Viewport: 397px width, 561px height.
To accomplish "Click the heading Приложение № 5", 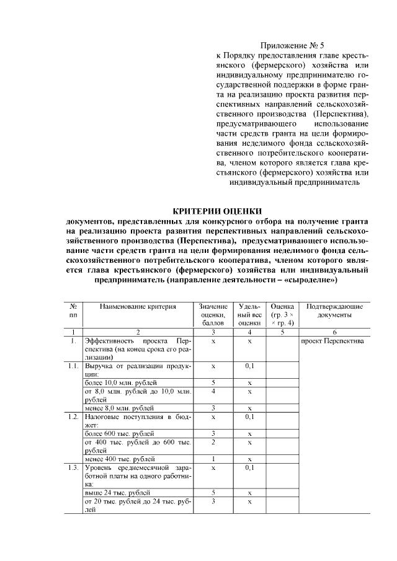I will [292, 45].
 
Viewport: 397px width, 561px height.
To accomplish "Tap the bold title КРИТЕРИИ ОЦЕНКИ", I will [216, 210].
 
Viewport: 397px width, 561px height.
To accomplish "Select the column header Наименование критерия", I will [138, 306].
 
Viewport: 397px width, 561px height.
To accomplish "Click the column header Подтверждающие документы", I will [335, 311].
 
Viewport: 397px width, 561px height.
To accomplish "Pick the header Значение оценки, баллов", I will [213, 314].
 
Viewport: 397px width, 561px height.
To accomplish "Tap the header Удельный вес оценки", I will [249, 314].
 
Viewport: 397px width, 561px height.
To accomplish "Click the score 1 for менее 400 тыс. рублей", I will [213, 459].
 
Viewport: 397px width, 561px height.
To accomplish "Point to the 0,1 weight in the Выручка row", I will [249, 366].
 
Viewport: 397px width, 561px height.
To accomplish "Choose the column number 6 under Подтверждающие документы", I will [334, 332].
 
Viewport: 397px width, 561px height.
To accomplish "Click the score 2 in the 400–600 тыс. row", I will [213, 442].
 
